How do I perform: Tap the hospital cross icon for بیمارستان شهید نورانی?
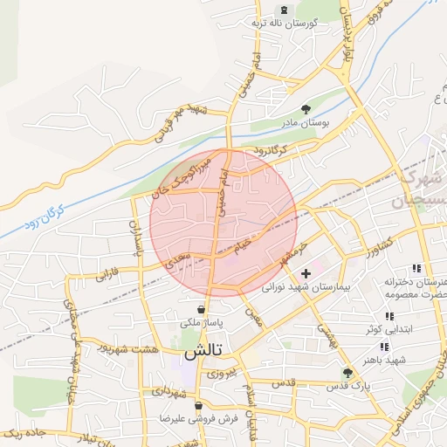tap(317, 274)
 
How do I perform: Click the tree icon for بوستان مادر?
tap(306, 109)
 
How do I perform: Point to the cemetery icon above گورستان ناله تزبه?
tap(282, 9)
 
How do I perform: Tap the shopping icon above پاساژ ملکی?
tap(202, 309)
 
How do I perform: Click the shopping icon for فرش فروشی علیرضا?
tap(199, 405)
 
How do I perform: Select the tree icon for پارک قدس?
tap(347, 372)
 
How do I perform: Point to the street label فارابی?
tap(107, 275)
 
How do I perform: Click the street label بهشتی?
tap(324, 327)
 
